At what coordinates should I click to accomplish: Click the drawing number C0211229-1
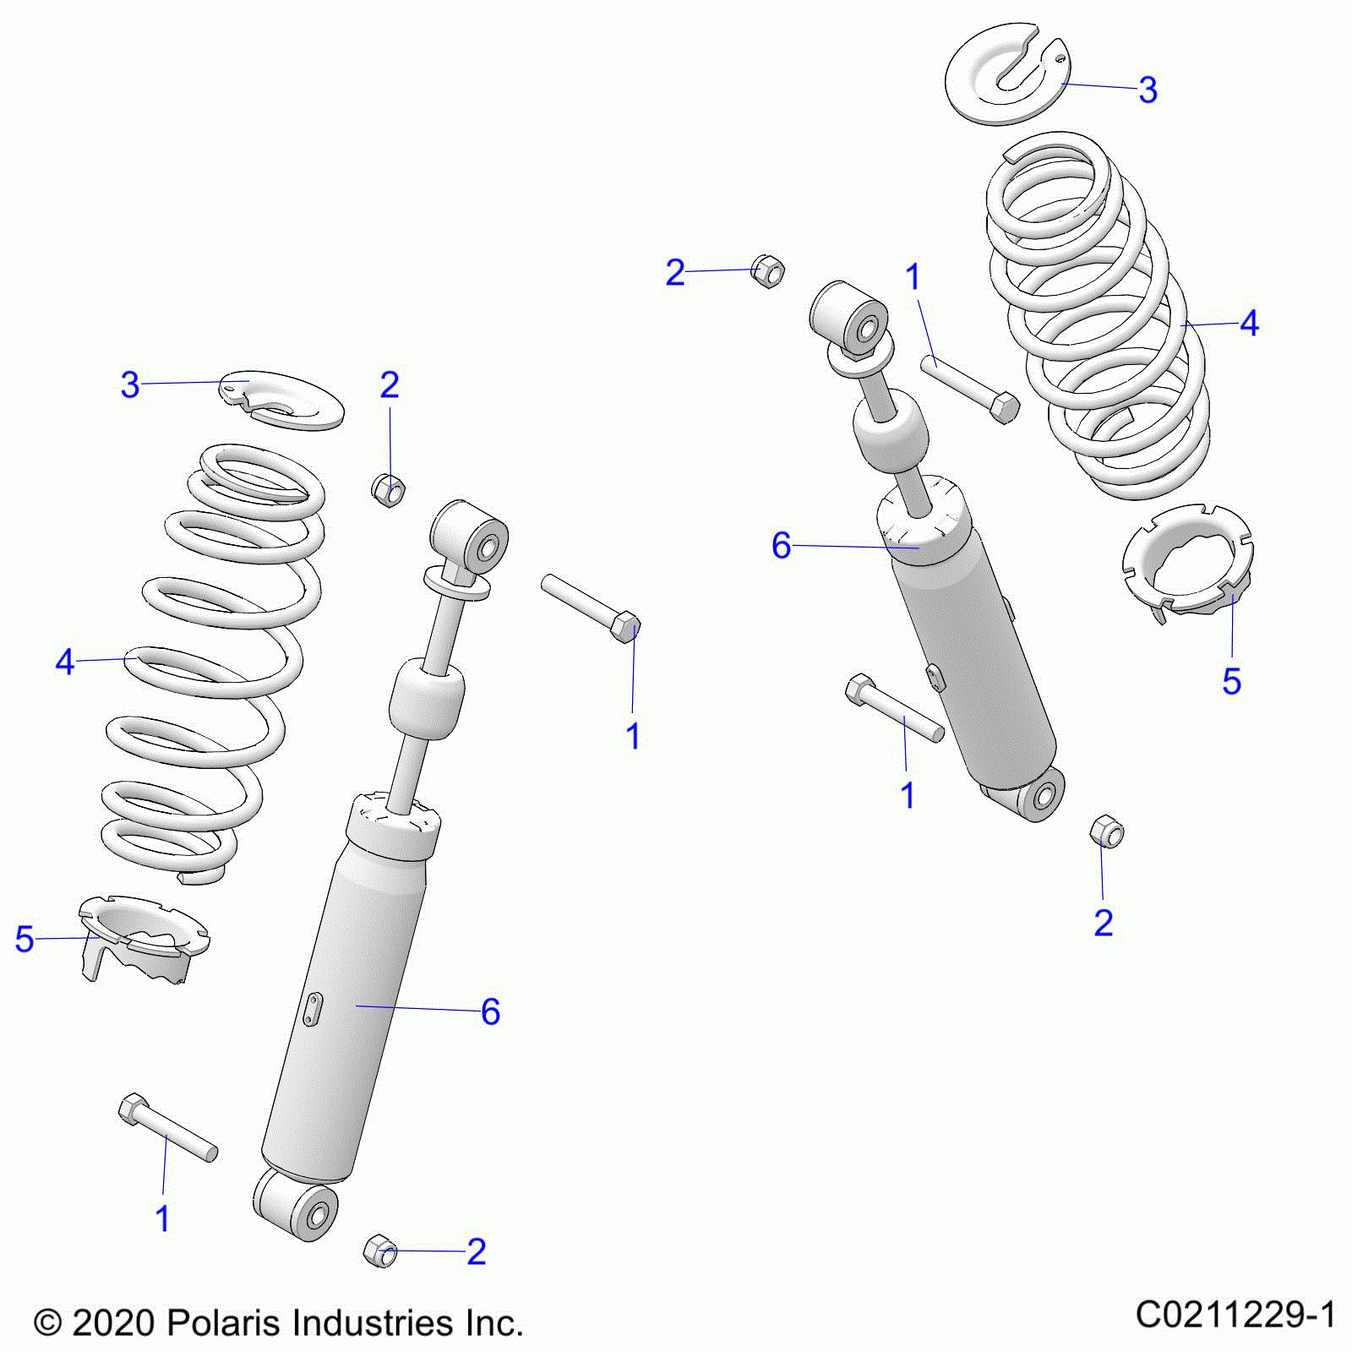coord(1235,1316)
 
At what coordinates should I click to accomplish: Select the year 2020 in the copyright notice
coord(112,1322)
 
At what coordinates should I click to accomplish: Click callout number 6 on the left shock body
coord(490,1011)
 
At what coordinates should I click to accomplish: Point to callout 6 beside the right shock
coord(781,546)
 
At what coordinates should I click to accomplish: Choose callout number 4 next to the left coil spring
coord(65,662)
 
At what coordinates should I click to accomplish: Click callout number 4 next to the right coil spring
coord(1249,324)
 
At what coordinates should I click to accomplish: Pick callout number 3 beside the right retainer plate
coord(1147,90)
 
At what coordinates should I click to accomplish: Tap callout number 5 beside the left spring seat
coord(25,939)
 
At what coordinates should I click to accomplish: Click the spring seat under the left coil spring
coord(144,938)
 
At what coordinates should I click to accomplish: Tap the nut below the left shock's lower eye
coord(379,1251)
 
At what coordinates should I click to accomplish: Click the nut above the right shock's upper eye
coord(767,271)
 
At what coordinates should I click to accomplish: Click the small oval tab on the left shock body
coord(313,1009)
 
